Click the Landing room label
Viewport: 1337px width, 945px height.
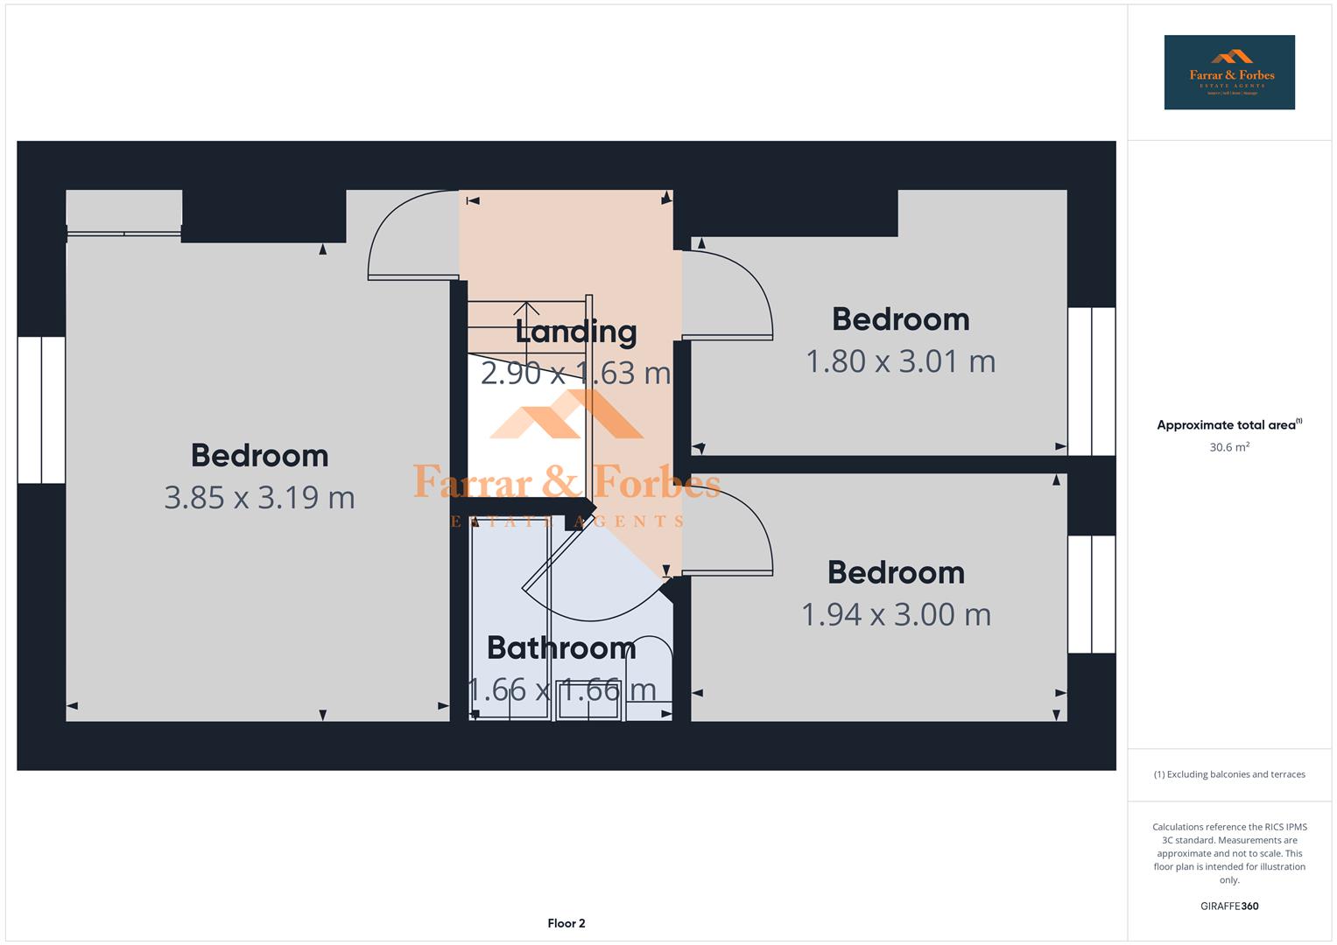[575, 332]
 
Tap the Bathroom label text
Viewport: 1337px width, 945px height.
[561, 647]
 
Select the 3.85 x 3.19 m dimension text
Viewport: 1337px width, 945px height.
[259, 498]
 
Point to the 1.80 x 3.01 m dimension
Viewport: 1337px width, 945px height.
[900, 361]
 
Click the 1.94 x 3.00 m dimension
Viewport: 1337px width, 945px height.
[896, 614]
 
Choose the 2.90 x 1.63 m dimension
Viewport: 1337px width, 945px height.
[575, 374]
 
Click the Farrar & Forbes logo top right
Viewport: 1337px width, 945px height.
[1228, 73]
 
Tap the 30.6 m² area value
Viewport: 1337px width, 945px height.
[1228, 447]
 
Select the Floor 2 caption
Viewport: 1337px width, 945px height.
[566, 923]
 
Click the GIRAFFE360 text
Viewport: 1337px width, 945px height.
[1228, 906]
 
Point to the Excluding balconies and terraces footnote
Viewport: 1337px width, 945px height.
[1228, 774]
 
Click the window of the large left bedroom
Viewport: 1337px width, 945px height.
[41, 409]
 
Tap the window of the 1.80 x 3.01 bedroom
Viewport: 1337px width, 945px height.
[1091, 381]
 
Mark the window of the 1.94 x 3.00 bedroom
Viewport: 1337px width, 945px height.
[1091, 594]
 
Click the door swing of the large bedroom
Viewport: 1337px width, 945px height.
[407, 241]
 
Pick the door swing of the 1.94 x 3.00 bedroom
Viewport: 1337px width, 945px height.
[731, 529]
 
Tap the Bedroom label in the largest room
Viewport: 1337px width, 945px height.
[259, 456]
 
